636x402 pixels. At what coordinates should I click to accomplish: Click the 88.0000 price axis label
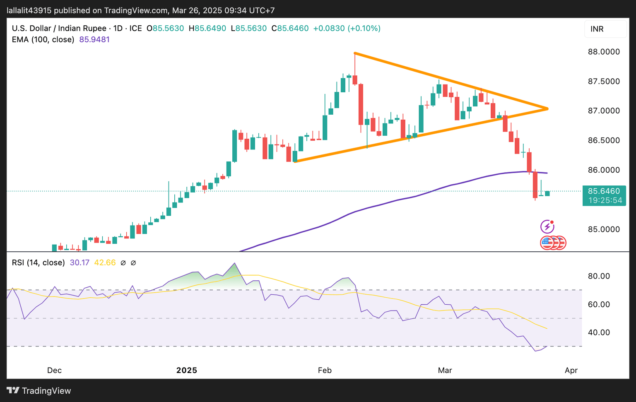604,52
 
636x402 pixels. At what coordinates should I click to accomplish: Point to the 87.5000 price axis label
604,81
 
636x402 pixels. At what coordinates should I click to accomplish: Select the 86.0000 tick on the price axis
604,170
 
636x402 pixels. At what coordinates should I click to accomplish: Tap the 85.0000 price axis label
604,229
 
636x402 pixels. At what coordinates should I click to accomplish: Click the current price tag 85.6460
604,191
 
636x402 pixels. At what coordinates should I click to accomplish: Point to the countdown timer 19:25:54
605,200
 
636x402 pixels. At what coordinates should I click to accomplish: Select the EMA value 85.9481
94,40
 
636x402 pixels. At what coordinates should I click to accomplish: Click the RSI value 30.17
79,262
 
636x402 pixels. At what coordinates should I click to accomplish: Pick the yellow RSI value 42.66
105,262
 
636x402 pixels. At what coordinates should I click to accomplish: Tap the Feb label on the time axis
325,370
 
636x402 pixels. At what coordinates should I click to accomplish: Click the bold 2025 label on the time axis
187,370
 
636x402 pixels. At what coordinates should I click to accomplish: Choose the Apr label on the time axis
571,370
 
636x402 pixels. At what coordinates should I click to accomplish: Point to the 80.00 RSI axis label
599,276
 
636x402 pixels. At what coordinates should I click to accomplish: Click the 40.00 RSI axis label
599,332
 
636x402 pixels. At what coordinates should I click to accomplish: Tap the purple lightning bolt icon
547,227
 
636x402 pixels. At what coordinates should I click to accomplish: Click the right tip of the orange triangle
547,109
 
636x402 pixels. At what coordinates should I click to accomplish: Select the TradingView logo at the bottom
39,391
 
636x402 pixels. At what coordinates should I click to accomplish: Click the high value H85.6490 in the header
207,29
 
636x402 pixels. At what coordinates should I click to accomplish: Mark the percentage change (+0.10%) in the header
364,29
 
